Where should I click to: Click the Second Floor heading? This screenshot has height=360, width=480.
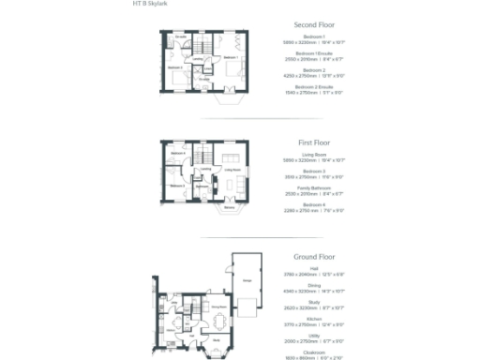click(314, 24)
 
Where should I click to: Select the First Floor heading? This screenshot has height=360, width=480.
click(314, 143)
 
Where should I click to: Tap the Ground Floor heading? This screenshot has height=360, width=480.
click(314, 255)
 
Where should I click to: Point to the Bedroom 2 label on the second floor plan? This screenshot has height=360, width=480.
click(175, 68)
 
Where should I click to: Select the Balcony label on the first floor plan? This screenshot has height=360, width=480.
click(229, 206)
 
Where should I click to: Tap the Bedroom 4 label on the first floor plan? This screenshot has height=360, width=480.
click(176, 153)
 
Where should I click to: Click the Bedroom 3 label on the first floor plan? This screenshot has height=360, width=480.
click(175, 187)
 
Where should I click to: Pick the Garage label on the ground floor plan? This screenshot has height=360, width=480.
click(247, 278)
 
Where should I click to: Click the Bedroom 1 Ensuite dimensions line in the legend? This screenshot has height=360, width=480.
click(314, 58)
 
